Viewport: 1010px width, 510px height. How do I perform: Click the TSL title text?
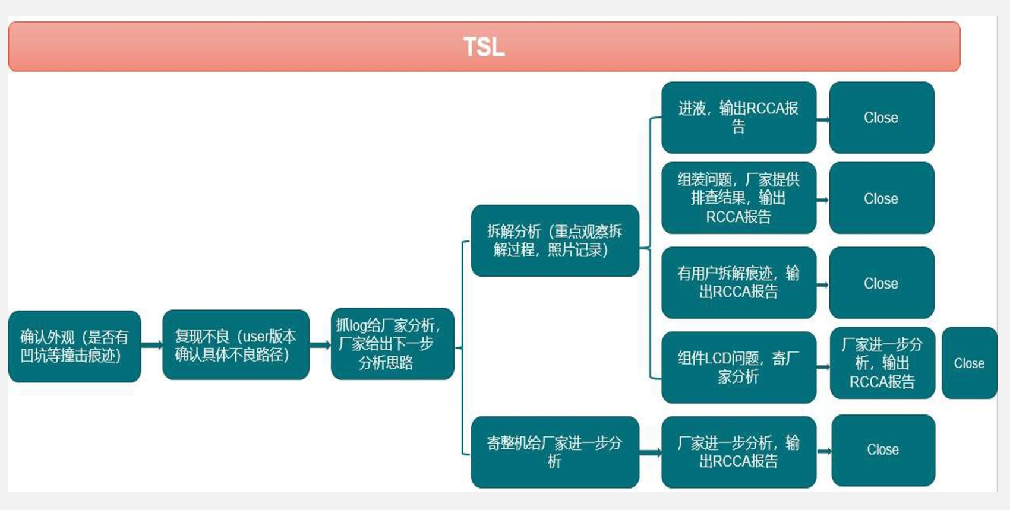coord(484,47)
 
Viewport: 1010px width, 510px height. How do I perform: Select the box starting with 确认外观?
coord(75,346)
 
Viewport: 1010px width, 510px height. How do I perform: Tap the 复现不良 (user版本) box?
coord(236,345)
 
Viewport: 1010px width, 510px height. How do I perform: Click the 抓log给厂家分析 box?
coord(392,344)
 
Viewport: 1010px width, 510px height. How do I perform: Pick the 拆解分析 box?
coord(555,240)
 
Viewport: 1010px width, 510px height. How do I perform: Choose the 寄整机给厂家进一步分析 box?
coord(555,452)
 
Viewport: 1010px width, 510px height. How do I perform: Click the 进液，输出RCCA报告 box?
coord(738,118)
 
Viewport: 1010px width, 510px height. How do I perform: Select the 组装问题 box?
coord(738,198)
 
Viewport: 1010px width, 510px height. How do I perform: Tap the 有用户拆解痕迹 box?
coord(738,283)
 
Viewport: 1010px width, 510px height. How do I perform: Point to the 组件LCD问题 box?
coord(738,367)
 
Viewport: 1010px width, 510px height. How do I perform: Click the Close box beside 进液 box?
coord(882,118)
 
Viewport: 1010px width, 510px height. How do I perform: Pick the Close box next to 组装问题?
coord(882,198)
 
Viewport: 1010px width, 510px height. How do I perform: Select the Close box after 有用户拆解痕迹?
coord(882,283)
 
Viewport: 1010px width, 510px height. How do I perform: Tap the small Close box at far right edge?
coord(970,363)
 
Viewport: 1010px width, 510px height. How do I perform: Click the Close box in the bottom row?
coord(883,450)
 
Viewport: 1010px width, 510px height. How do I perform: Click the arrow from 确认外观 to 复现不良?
coord(152,346)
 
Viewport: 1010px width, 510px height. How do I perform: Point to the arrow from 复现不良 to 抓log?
coord(320,345)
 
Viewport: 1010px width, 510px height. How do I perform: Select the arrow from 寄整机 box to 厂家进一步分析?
coord(650,452)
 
